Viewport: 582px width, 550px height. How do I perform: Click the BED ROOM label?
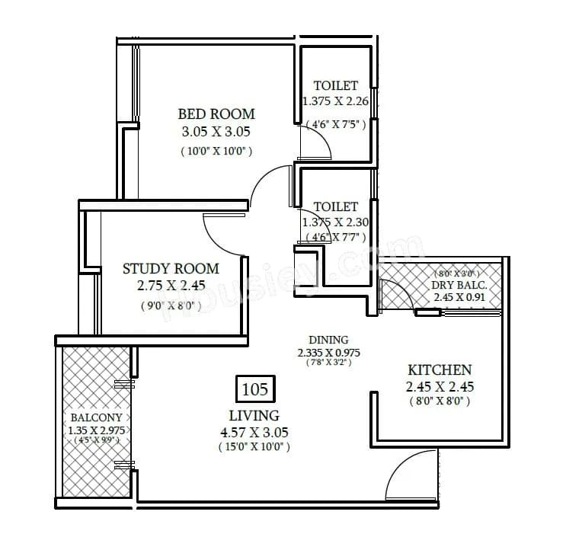[216, 114]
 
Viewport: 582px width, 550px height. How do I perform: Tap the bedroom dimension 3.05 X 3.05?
[216, 132]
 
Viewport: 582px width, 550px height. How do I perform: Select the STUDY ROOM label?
[171, 268]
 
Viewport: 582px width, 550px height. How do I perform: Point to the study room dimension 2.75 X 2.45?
[171, 286]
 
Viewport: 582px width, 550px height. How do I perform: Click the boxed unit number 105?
[254, 389]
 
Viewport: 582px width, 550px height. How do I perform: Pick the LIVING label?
[254, 415]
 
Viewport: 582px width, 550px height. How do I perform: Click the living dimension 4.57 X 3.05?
[254, 432]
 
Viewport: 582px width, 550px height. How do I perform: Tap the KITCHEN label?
[439, 369]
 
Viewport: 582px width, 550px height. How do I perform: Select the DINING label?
[328, 340]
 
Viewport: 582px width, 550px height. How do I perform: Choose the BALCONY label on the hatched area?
[95, 418]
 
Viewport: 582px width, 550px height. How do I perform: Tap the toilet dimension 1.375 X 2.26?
[335, 101]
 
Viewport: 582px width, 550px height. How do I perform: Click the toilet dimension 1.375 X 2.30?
[335, 222]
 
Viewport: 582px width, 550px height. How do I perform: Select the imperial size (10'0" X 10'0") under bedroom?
[216, 151]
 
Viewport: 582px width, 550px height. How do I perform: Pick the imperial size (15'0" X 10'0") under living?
[254, 448]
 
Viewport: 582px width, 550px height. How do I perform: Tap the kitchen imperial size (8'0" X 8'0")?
[439, 401]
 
